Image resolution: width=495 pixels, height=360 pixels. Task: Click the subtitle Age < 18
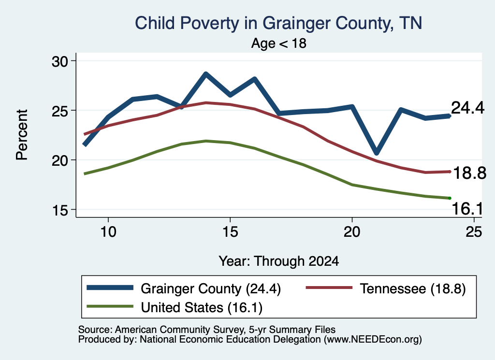point(279,43)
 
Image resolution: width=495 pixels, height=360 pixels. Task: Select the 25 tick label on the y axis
point(60,111)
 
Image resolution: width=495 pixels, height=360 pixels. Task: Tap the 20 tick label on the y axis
point(60,160)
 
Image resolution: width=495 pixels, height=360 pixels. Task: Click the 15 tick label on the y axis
point(60,210)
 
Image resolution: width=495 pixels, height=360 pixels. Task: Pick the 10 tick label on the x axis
point(108,232)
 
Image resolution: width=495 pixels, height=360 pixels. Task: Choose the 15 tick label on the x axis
point(230,232)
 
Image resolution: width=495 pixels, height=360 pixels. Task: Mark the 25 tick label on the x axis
point(474,232)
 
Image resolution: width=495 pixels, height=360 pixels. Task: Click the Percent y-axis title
point(22,135)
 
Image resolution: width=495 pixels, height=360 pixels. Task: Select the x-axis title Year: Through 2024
point(279,261)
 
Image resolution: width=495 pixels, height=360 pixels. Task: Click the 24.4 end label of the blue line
point(467,108)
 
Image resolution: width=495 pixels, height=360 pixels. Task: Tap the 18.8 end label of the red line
point(469,173)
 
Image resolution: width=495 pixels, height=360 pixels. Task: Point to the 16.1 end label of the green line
point(467,209)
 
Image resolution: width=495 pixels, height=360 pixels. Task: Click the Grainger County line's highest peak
point(206,74)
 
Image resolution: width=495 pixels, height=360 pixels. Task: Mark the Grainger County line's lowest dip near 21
point(376,153)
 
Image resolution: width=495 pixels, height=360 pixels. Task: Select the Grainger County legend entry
point(184,288)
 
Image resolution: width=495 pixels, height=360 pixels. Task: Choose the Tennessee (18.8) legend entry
point(386,288)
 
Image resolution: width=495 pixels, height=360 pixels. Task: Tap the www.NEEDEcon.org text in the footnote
point(373,340)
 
